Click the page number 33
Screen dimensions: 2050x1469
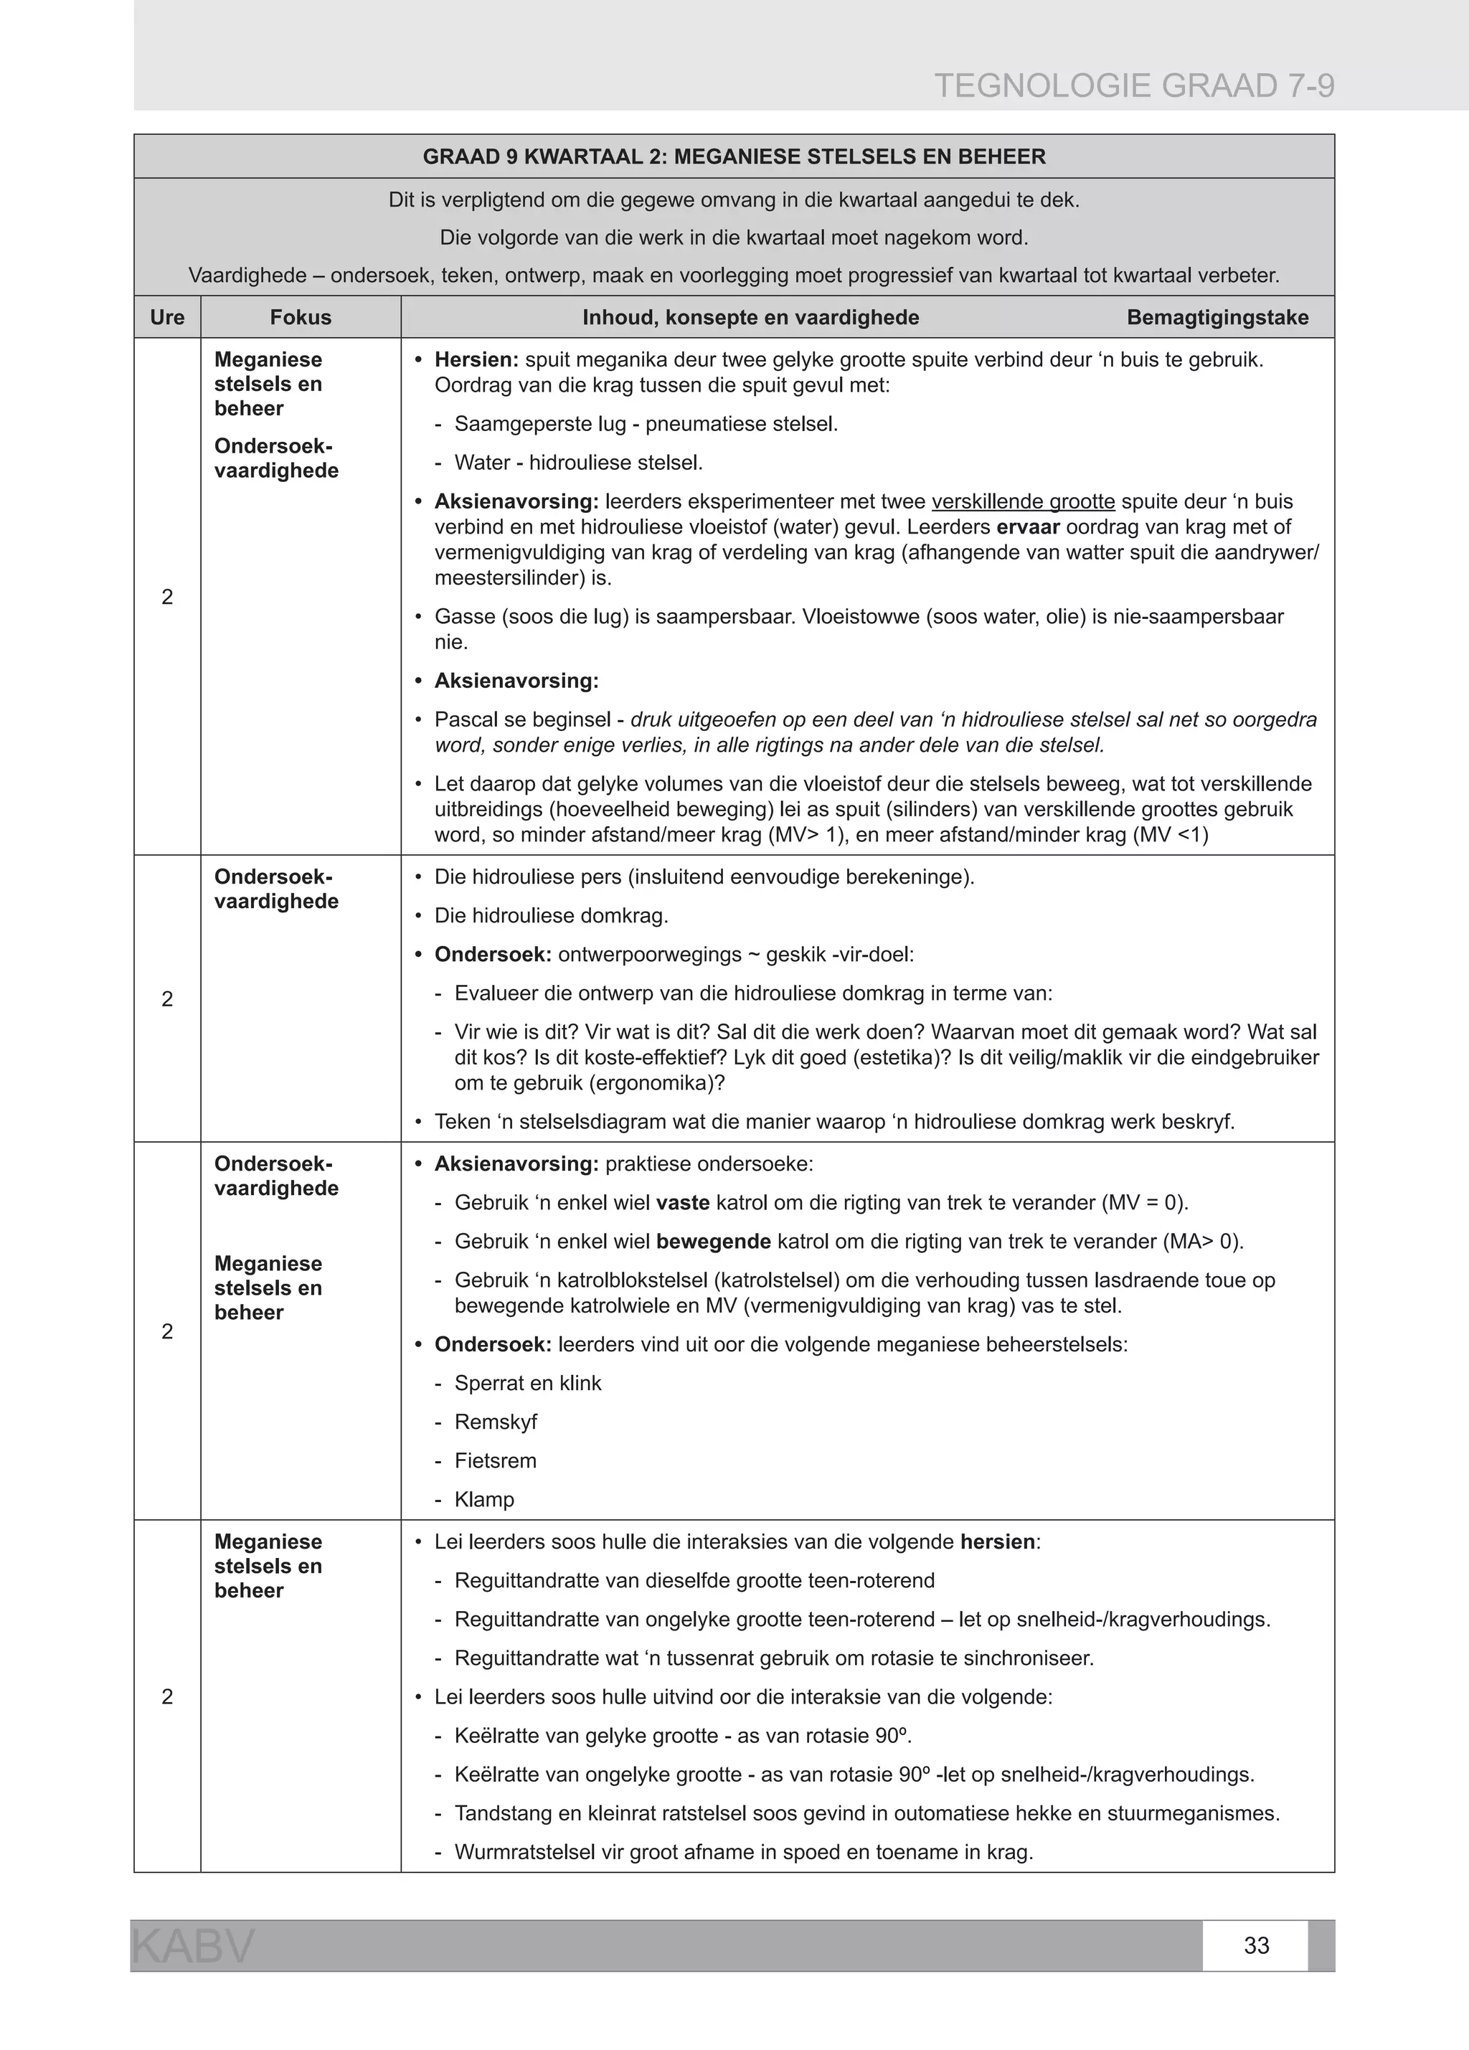pos(1256,1945)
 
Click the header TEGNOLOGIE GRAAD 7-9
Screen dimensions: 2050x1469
pos(1133,86)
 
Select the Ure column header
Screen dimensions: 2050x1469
pos(167,317)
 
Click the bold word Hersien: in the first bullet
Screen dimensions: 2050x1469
pos(476,360)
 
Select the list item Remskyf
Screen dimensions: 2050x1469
pos(496,1422)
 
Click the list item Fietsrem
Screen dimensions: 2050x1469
pos(496,1460)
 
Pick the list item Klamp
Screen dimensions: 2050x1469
pos(485,1500)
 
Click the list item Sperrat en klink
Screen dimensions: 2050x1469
pos(527,1383)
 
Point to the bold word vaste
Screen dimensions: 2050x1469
pos(683,1203)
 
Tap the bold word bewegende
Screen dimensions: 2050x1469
pos(712,1242)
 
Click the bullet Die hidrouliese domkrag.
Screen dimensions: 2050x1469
pos(551,916)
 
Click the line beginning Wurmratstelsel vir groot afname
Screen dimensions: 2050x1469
pos(743,1852)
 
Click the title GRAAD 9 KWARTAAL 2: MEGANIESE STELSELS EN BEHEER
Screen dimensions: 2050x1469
pos(733,156)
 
